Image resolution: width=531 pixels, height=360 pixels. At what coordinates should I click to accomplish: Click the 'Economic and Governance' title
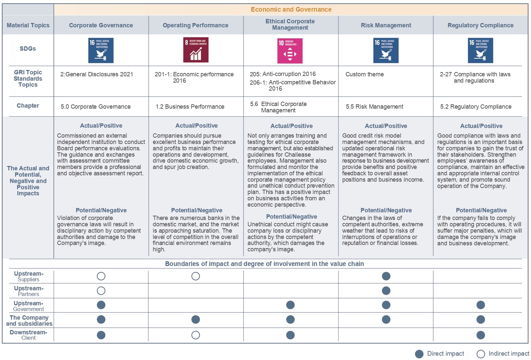tap(291, 10)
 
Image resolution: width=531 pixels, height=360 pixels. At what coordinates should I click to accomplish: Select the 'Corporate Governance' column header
tap(101, 25)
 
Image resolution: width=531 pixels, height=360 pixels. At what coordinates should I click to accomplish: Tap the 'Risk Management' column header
tap(386, 25)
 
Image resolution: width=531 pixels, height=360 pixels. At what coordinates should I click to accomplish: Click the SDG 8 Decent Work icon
tap(196, 50)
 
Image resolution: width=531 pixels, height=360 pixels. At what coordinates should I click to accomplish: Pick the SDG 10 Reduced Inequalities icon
tap(290, 51)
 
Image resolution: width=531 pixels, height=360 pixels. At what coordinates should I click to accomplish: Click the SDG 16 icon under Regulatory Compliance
tap(480, 50)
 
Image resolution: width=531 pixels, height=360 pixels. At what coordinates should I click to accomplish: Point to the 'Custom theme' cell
tap(365, 74)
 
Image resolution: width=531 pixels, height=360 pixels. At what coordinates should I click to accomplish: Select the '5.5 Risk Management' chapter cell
tap(374, 107)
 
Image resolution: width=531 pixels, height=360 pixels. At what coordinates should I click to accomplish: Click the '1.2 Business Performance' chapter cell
tap(190, 107)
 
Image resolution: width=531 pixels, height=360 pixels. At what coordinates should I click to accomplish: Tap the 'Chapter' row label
tap(28, 106)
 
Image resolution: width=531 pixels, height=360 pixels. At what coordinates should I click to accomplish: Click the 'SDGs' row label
tap(28, 49)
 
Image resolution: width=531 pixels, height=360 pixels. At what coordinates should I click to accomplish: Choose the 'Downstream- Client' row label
tap(28, 335)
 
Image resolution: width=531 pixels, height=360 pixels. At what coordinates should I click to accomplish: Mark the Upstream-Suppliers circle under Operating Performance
tap(196, 276)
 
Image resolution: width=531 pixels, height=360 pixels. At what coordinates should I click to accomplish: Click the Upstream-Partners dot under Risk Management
tap(386, 291)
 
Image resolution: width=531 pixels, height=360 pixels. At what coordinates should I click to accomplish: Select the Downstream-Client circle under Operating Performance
tap(196, 335)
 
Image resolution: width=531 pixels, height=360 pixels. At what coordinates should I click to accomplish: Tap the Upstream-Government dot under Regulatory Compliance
tap(481, 305)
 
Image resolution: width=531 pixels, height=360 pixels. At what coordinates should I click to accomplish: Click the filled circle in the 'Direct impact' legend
tap(419, 354)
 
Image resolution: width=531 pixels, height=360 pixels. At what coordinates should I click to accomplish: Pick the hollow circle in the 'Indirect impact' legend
tap(481, 354)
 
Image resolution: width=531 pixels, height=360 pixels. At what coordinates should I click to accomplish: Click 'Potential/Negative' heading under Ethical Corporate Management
tap(292, 217)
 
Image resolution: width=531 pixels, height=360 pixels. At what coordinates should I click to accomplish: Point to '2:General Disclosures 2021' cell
tap(97, 74)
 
